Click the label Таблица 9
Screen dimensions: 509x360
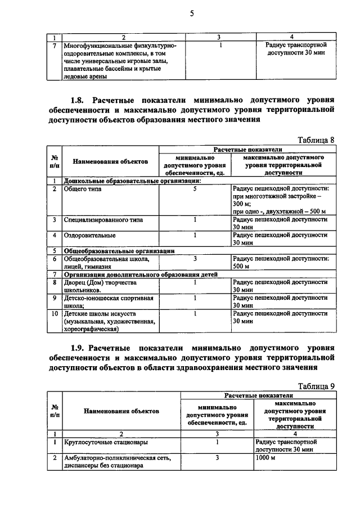(315, 386)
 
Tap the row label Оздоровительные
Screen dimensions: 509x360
(90, 235)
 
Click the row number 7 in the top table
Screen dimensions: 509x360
(54, 45)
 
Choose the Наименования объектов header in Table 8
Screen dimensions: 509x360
(110, 161)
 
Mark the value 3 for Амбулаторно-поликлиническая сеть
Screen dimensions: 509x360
(217, 458)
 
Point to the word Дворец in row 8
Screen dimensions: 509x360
(77, 282)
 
